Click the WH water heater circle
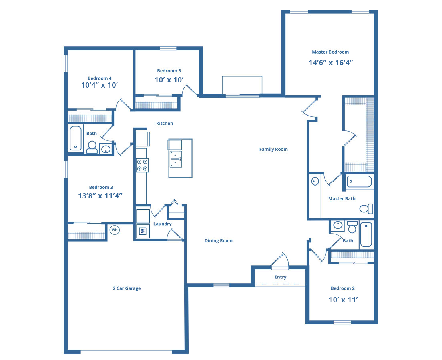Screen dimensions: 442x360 (x=115, y=230)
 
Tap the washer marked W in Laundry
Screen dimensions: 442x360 (x=143, y=231)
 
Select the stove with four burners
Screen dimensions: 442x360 (x=142, y=165)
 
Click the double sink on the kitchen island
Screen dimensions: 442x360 (x=176, y=159)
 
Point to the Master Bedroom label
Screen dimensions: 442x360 (x=330, y=52)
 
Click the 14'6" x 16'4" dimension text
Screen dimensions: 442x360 (x=331, y=62)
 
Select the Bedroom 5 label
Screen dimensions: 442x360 (x=169, y=71)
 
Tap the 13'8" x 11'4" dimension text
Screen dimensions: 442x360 (x=100, y=196)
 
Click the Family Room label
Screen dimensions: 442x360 (x=273, y=149)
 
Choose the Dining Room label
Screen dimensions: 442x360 (x=219, y=240)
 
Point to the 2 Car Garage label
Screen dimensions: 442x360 (x=127, y=288)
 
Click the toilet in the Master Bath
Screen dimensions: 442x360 (x=366, y=209)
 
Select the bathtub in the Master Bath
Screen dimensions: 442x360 (x=359, y=182)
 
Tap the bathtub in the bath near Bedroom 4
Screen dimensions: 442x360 (x=76, y=138)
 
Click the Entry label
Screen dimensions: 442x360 (x=281, y=277)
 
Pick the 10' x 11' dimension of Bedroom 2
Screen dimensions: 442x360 (x=343, y=300)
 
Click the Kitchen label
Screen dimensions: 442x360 (x=165, y=123)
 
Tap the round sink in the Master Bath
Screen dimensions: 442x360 (x=315, y=181)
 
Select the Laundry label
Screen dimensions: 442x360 (x=163, y=224)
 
